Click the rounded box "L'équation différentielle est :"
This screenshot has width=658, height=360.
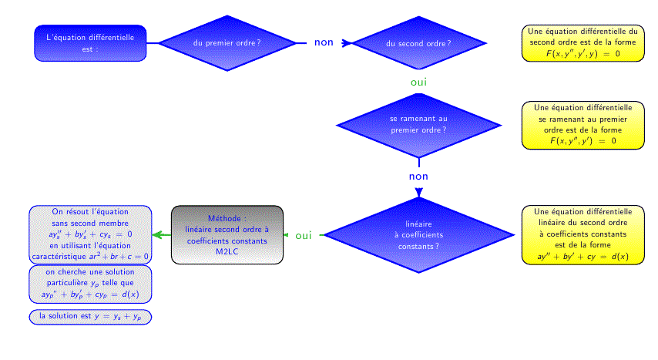click(x=90, y=43)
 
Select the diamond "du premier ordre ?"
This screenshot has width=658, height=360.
click(x=227, y=43)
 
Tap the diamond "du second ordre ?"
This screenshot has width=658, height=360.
click(x=419, y=43)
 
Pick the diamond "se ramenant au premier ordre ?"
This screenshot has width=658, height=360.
click(x=419, y=125)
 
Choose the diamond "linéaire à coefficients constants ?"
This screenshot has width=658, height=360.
click(x=419, y=235)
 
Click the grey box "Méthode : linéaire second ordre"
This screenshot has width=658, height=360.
click(x=227, y=235)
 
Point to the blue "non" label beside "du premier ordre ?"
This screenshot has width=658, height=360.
click(x=324, y=42)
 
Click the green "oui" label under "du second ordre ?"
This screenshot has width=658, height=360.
click(x=419, y=82)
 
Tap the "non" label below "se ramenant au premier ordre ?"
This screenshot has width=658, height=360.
click(x=419, y=177)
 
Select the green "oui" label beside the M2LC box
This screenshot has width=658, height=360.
click(x=304, y=236)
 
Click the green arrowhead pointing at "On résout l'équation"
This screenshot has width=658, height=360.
click(x=157, y=235)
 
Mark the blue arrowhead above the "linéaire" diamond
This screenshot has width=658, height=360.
click(x=419, y=192)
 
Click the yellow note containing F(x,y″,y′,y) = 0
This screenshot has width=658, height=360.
click(x=583, y=43)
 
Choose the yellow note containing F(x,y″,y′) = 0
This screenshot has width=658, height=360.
click(x=583, y=125)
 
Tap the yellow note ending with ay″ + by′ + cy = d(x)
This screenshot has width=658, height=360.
click(x=583, y=235)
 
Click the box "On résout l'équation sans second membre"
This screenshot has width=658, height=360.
click(x=90, y=234)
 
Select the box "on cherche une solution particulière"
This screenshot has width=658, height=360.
click(x=90, y=284)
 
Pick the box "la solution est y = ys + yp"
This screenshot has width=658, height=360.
click(x=90, y=317)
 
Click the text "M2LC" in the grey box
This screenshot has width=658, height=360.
click(x=227, y=251)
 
